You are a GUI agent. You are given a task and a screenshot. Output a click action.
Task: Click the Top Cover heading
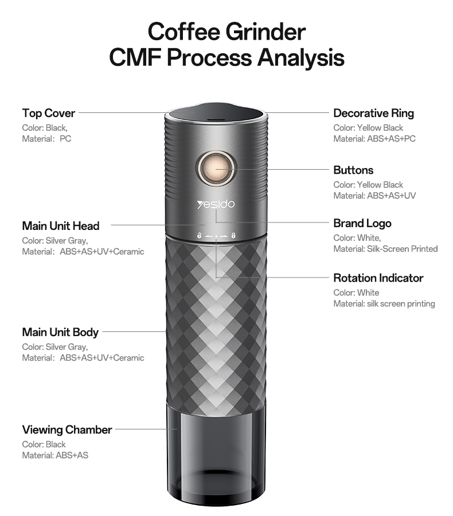[49, 113]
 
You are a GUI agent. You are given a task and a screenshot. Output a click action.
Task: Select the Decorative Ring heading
[373, 113]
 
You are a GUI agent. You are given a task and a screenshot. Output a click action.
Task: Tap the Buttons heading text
[353, 170]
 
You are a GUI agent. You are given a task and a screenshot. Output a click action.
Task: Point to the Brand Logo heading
[362, 223]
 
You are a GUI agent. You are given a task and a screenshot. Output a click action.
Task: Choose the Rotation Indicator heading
[378, 278]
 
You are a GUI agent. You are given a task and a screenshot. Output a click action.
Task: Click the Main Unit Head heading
[61, 226]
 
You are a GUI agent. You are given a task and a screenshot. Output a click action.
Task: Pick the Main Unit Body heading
[60, 333]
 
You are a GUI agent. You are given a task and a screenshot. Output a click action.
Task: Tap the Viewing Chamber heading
[67, 429]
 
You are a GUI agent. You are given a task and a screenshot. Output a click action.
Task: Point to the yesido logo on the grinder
[216, 204]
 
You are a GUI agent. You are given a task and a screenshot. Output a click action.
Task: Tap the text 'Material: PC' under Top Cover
[46, 139]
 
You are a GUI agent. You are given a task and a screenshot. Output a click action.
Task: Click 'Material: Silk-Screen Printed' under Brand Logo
[385, 249]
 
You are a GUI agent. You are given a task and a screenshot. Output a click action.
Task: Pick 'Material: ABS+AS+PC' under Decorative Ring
[374, 139]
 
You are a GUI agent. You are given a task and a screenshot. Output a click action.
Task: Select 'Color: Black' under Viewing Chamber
[44, 444]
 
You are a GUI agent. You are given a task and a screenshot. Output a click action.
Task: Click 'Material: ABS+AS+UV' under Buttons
[374, 196]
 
